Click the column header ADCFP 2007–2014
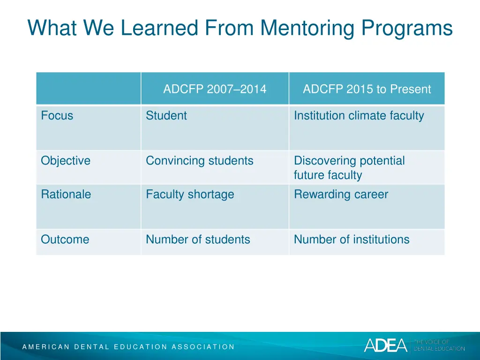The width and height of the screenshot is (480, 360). point(215,89)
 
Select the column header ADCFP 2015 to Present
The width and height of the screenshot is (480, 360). point(367,89)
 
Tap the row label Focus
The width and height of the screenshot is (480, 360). point(57,116)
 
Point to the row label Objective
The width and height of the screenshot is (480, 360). point(66,161)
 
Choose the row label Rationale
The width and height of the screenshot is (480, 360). point(66,195)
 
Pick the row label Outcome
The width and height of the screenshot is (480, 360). point(65,240)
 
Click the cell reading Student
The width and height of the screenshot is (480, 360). point(166,116)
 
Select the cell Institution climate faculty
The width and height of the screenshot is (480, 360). point(359,116)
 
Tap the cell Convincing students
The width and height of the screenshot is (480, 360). point(200,161)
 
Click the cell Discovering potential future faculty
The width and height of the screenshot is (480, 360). point(349,168)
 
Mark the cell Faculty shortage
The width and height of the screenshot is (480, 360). point(190,195)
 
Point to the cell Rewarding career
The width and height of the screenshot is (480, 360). point(341,195)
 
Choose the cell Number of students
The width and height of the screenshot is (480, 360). point(198,240)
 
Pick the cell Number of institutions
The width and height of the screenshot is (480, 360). point(352,240)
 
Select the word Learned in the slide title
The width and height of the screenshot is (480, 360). point(160,28)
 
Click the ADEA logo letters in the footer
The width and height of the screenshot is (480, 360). point(386,345)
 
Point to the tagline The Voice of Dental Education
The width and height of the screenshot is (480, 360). point(439,345)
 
